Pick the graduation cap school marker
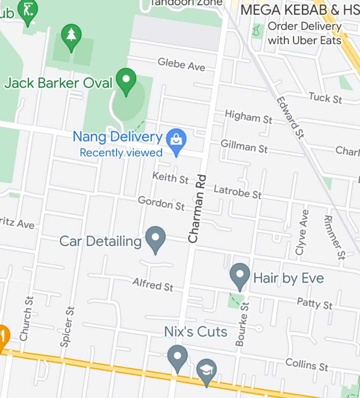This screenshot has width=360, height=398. (206, 371)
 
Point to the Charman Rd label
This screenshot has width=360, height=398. (197, 209)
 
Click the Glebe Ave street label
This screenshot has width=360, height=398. (181, 64)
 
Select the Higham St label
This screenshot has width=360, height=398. (248, 117)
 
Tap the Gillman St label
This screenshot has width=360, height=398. (244, 146)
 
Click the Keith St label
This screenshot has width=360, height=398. (170, 178)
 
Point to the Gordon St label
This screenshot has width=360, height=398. (161, 203)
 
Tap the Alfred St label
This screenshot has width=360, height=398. (153, 285)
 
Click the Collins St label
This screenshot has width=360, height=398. (307, 365)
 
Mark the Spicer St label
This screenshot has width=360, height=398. (67, 326)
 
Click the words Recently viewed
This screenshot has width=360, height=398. (121, 153)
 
